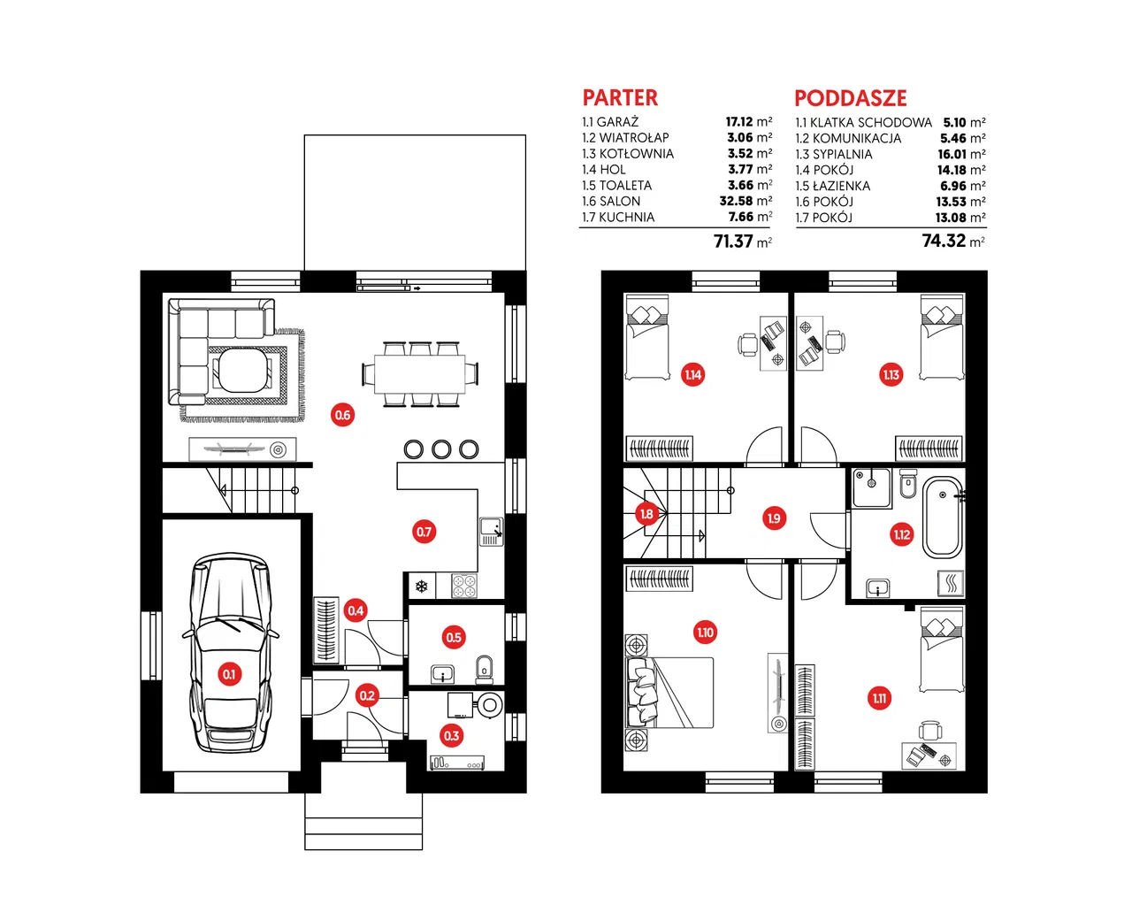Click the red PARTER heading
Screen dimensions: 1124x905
pyautogui.click(x=620, y=97)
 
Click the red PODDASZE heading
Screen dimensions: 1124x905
pyautogui.click(x=851, y=98)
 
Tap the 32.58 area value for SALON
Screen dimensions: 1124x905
pyautogui.click(x=736, y=201)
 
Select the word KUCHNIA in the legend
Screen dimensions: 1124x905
pyautogui.click(x=626, y=218)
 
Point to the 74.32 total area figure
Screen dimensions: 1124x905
pyautogui.click(x=944, y=241)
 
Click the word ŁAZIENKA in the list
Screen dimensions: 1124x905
pyautogui.click(x=841, y=186)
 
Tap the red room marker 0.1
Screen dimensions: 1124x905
pyautogui.click(x=229, y=674)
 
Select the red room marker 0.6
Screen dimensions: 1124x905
pyautogui.click(x=342, y=415)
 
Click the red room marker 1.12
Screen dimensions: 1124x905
pyautogui.click(x=901, y=534)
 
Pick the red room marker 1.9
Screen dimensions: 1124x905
pyautogui.click(x=774, y=518)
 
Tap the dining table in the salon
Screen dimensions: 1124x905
pyautogui.click(x=419, y=373)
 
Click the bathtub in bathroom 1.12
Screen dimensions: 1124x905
pyautogui.click(x=943, y=517)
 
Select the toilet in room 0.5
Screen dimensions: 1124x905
pyautogui.click(x=484, y=670)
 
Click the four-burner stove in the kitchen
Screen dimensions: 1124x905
pyautogui.click(x=463, y=586)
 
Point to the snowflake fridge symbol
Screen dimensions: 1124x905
pyautogui.click(x=422, y=587)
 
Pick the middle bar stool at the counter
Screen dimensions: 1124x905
pyautogui.click(x=441, y=449)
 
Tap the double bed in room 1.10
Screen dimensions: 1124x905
pyautogui.click(x=669, y=693)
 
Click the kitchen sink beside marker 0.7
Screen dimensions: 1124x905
pyautogui.click(x=491, y=532)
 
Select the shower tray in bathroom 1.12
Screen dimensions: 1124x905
pyautogui.click(x=871, y=488)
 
